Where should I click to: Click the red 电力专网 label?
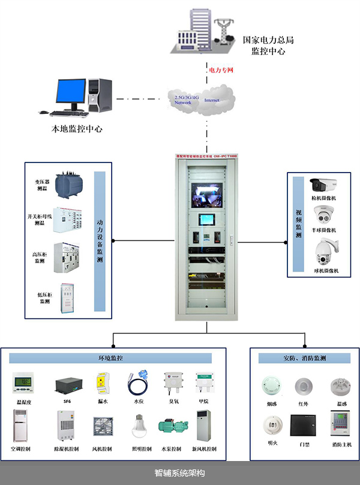[220, 71]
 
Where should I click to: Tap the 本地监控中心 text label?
[77, 128]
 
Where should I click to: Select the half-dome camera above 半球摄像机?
[323, 215]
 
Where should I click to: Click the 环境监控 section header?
[110, 358]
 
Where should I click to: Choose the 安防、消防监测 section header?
[304, 358]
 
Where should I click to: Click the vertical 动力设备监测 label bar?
[100, 242]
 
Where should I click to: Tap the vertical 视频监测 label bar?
[298, 224]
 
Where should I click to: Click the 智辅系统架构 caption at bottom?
[179, 473]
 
